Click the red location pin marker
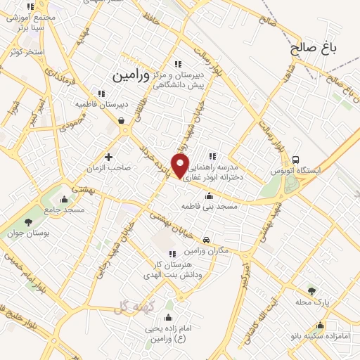[181, 166]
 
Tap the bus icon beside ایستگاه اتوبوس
[296, 160]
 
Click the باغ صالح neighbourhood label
[314, 49]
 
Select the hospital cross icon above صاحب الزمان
[108, 157]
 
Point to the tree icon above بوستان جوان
[28, 223]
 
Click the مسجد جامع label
[64, 210]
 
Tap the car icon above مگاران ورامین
[205, 240]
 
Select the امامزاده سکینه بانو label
[321, 336]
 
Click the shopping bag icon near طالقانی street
[122, 121]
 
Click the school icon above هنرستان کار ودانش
[172, 254]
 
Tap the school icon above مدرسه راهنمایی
[212, 157]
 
